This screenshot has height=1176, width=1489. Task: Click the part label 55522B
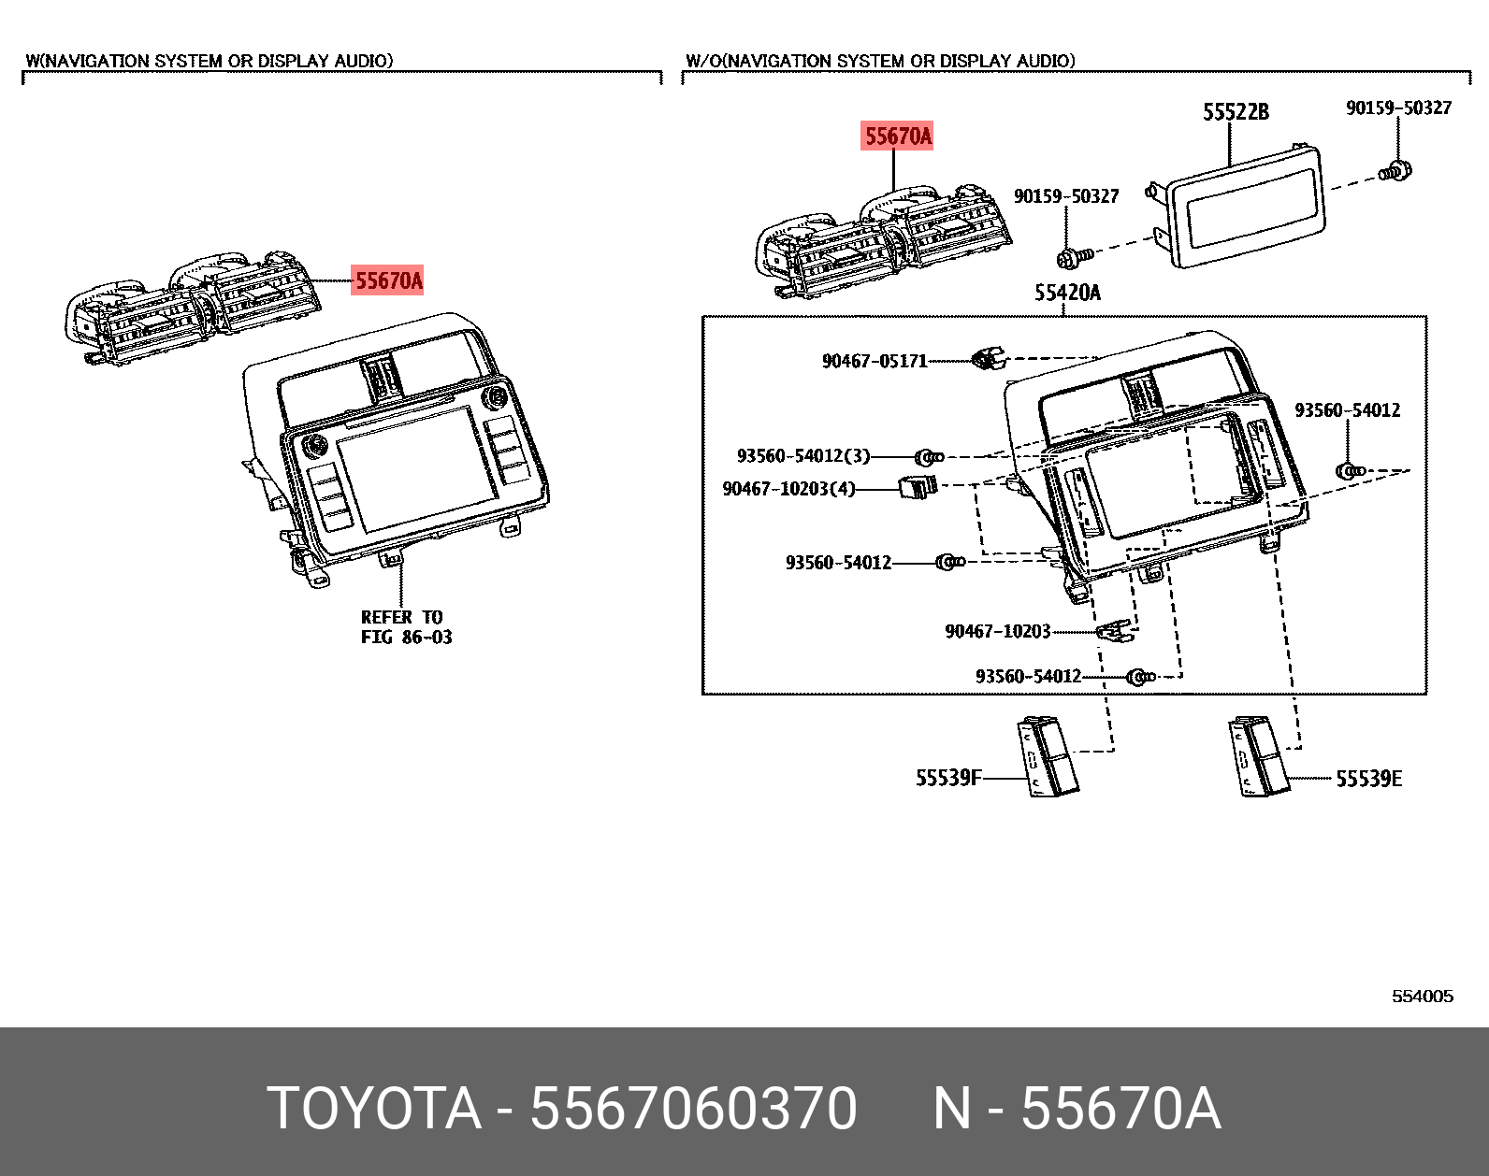1236,112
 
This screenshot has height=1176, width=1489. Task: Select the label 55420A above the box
1067,293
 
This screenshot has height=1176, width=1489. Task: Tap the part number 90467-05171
875,361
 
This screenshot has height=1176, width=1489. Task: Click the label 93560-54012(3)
803,456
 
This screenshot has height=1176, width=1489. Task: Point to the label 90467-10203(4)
788,489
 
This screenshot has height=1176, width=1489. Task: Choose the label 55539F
948,778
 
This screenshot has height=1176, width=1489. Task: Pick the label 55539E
1368,779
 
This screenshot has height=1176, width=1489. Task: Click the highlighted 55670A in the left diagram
387,280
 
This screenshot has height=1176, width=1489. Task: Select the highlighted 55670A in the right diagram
898,136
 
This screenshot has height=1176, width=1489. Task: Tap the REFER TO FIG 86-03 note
406,627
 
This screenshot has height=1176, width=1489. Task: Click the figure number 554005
1423,997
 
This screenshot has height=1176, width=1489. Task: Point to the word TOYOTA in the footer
374,1109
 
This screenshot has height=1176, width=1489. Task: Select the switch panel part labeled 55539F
1048,757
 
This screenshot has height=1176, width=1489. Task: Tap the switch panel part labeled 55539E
1259,757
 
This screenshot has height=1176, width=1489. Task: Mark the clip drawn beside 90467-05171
986,359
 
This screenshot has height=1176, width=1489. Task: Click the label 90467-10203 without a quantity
998,632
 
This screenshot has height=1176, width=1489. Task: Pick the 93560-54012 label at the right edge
1347,410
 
